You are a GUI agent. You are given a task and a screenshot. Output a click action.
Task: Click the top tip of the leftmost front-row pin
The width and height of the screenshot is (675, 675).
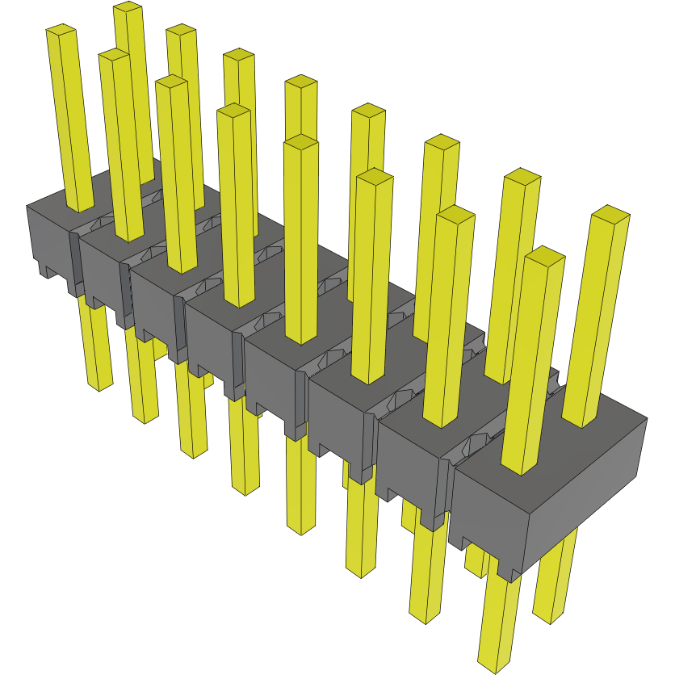pos(61,30)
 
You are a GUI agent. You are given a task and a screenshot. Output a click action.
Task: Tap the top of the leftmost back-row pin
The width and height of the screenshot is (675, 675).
pos(128,7)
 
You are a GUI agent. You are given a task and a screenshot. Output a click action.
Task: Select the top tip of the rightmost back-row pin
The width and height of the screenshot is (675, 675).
pos(610,213)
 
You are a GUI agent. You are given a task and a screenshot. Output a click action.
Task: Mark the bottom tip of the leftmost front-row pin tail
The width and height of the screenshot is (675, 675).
pos(100,387)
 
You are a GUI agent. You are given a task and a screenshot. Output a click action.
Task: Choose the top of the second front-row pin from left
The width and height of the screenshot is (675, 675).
pos(114,54)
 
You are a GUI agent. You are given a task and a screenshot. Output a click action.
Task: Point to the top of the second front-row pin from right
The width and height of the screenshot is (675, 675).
pos(455,213)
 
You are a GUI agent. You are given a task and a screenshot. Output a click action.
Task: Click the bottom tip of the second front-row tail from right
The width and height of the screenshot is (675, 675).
pos(428,618)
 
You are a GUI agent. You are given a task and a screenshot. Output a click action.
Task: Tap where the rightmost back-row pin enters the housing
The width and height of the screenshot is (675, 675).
pos(580,423)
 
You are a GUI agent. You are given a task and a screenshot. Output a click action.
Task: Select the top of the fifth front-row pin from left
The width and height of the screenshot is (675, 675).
pos(300,141)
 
